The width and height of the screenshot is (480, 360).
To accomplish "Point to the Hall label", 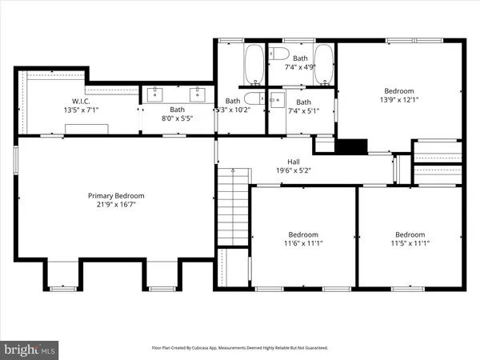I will pos(282,161).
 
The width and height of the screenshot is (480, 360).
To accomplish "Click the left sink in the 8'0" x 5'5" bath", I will pos(154,93).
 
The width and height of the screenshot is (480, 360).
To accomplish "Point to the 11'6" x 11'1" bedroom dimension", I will pos(304,243).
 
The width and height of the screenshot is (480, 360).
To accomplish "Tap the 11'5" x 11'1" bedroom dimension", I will pos(410,243).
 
